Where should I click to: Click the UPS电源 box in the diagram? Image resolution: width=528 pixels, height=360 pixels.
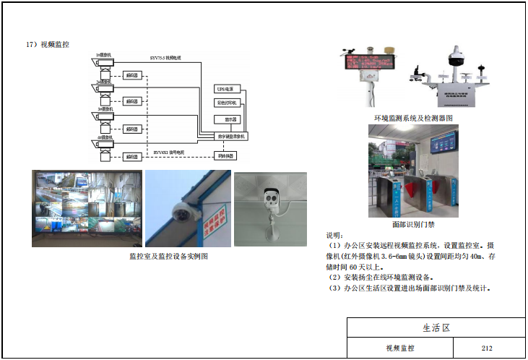pos(227,89)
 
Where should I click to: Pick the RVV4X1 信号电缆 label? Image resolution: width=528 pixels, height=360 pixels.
pos(169,152)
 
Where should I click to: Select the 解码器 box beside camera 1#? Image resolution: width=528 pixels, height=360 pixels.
pos(131,74)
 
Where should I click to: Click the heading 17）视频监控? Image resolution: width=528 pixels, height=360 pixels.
pos(48,45)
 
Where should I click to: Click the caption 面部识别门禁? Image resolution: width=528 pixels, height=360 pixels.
pos(412,224)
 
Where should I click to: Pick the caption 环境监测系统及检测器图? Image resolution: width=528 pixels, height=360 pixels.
pos(412,117)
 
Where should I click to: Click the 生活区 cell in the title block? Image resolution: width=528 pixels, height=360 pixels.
pos(436,327)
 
